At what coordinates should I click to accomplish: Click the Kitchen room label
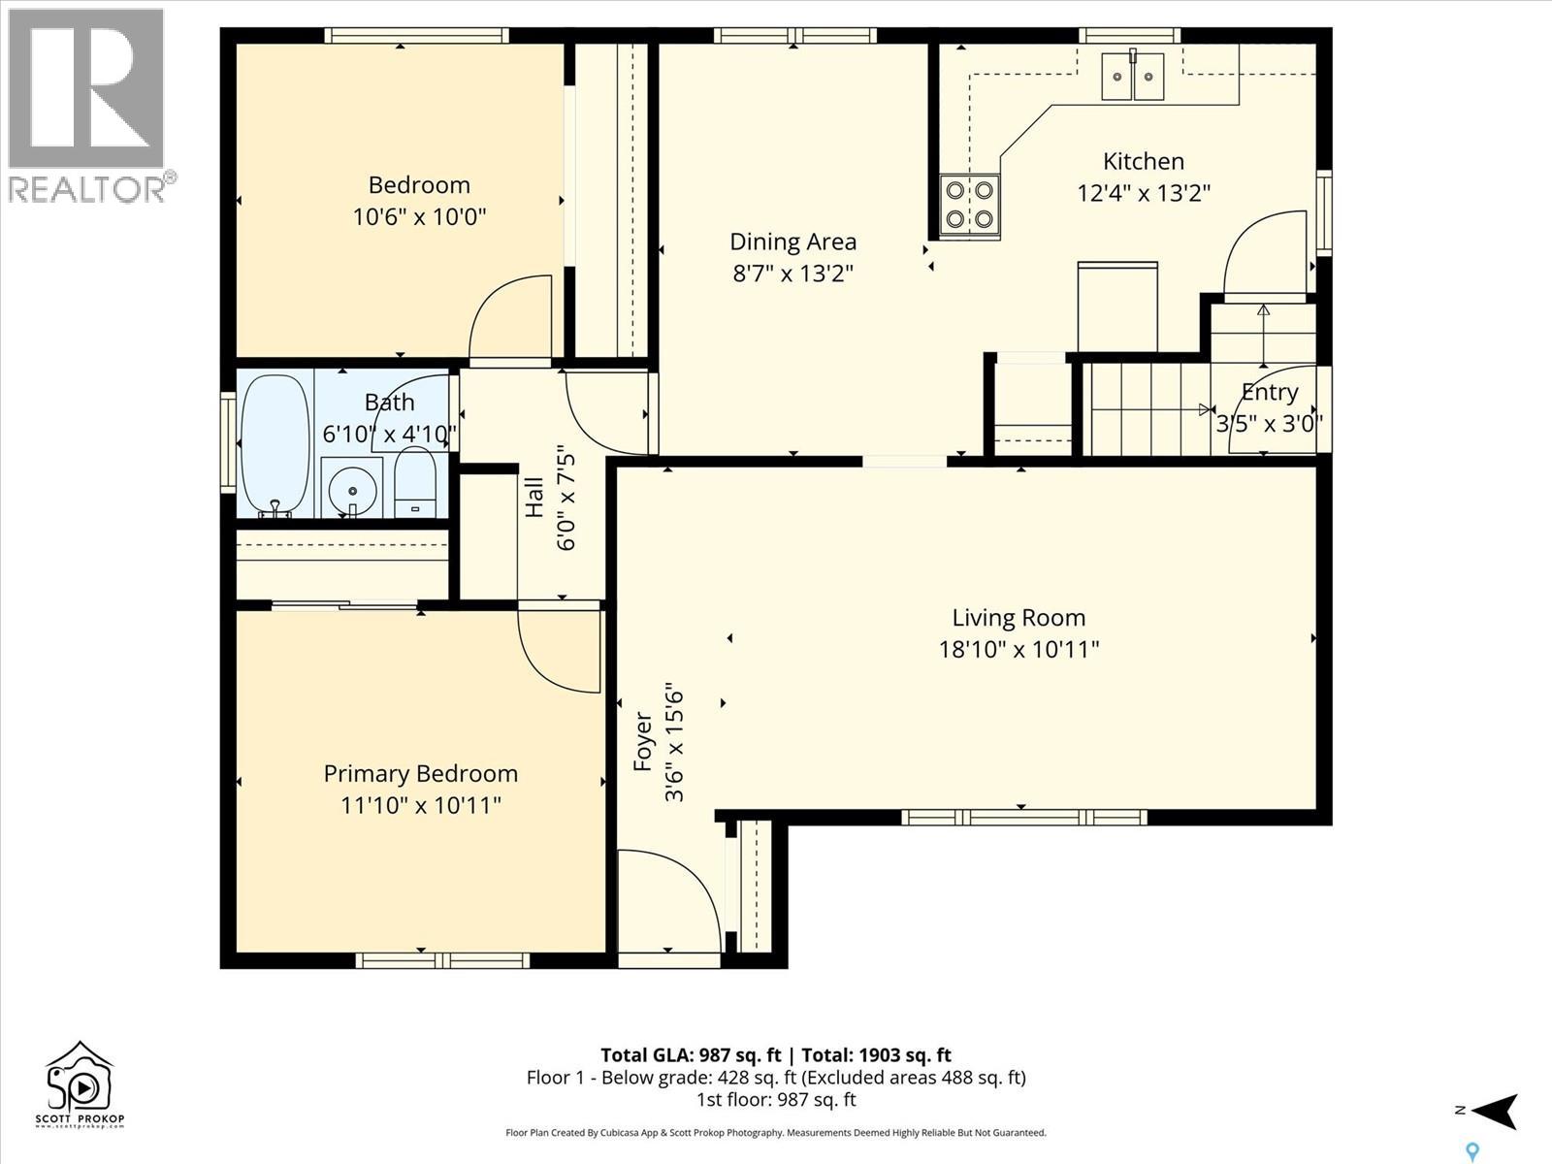[x=1143, y=162]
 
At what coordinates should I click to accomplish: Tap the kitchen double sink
[x=1133, y=76]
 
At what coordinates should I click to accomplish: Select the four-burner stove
[x=969, y=205]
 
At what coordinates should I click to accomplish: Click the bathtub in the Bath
[x=275, y=446]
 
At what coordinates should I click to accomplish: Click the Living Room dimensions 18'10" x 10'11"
[x=1018, y=649]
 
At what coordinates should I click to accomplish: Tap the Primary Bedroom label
[x=420, y=774]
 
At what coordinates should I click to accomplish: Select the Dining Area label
[x=792, y=242]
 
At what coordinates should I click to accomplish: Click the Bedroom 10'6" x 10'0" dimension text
[x=419, y=216]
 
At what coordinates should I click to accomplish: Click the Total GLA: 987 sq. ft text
[x=690, y=1055]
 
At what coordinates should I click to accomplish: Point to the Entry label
[x=1269, y=392]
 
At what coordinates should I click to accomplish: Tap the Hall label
[x=534, y=496]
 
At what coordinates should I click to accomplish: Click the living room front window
[x=1023, y=818]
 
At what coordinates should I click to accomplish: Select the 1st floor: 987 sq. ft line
[x=776, y=1100]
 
